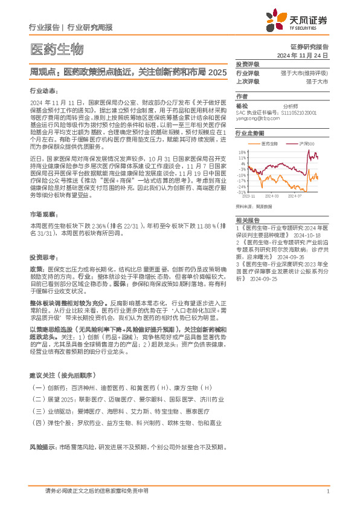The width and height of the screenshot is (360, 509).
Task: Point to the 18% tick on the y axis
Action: (x=241, y=152)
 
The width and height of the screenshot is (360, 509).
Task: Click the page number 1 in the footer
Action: (x=327, y=491)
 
